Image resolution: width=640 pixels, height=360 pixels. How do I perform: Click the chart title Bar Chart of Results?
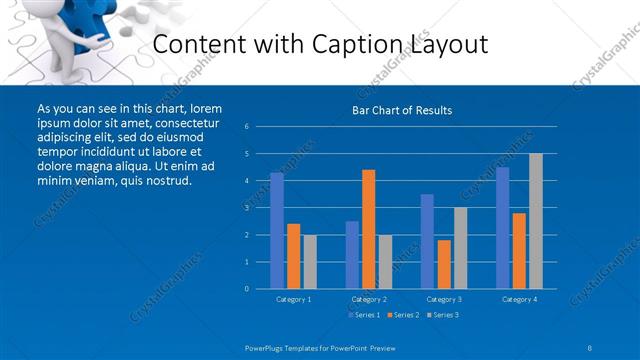tap(402, 110)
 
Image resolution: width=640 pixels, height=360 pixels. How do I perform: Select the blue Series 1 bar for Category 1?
tap(276, 230)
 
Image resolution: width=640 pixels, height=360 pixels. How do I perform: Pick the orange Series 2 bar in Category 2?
tap(368, 229)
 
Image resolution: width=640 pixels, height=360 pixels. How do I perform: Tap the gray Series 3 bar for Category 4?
tap(536, 221)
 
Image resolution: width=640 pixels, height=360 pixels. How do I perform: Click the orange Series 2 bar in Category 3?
tap(444, 264)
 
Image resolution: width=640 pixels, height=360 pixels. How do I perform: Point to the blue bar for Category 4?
tap(502, 227)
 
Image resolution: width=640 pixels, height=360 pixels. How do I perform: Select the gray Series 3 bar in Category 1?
tap(309, 262)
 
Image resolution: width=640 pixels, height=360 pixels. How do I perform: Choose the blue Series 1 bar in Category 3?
tap(427, 241)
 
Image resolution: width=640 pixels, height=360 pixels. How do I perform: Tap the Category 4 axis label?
tap(519, 299)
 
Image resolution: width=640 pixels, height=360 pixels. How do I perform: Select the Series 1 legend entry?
tap(363, 315)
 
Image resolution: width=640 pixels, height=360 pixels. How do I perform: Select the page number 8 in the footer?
tap(589, 347)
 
